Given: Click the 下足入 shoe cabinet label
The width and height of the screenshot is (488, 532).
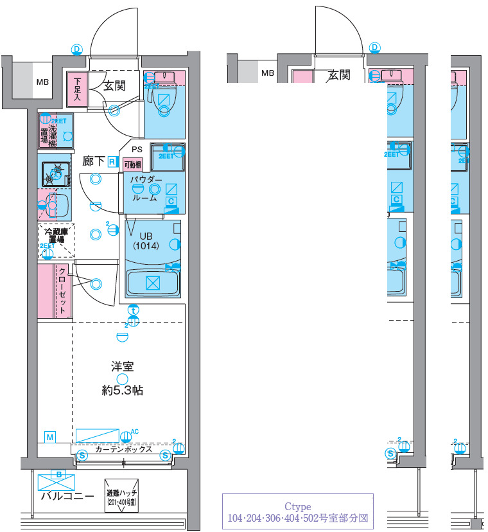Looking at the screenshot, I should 77,90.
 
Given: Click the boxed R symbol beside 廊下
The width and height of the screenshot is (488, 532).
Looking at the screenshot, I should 112,162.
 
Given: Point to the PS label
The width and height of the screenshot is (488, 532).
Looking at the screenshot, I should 137,149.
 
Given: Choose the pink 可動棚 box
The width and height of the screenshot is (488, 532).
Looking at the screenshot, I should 132,164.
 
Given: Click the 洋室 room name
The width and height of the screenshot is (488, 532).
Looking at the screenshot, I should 122,367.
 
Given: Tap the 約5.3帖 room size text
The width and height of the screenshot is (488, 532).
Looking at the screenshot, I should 122,390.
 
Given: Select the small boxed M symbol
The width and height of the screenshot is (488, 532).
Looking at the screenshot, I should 49,437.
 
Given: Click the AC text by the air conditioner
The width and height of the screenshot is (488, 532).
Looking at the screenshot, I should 135,431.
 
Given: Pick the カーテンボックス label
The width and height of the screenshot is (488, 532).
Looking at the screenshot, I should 123,449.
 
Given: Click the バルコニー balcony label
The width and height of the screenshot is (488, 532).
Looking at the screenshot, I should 67,496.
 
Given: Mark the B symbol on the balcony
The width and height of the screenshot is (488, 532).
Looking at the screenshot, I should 60,475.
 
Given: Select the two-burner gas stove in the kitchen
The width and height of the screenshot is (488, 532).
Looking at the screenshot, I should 55,173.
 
